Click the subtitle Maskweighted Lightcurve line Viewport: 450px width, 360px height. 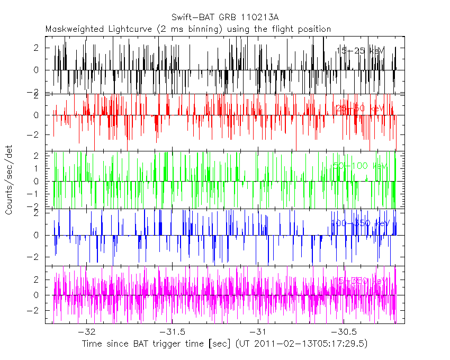click(x=188, y=29)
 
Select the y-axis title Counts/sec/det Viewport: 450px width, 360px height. click(x=9, y=180)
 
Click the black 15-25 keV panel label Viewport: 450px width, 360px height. click(x=361, y=50)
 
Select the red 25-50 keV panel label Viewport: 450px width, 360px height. click(x=360, y=108)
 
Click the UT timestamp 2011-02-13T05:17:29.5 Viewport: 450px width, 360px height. click(x=310, y=344)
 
